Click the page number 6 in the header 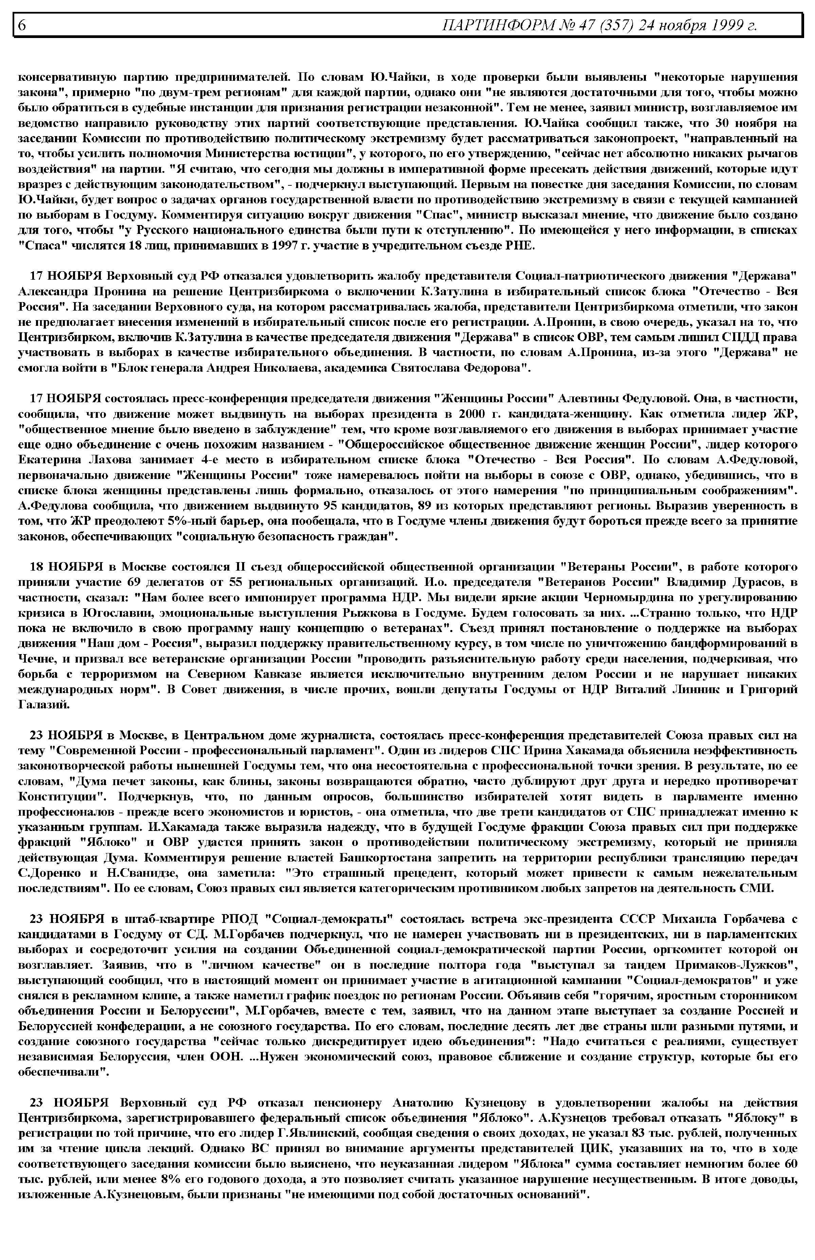22,25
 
